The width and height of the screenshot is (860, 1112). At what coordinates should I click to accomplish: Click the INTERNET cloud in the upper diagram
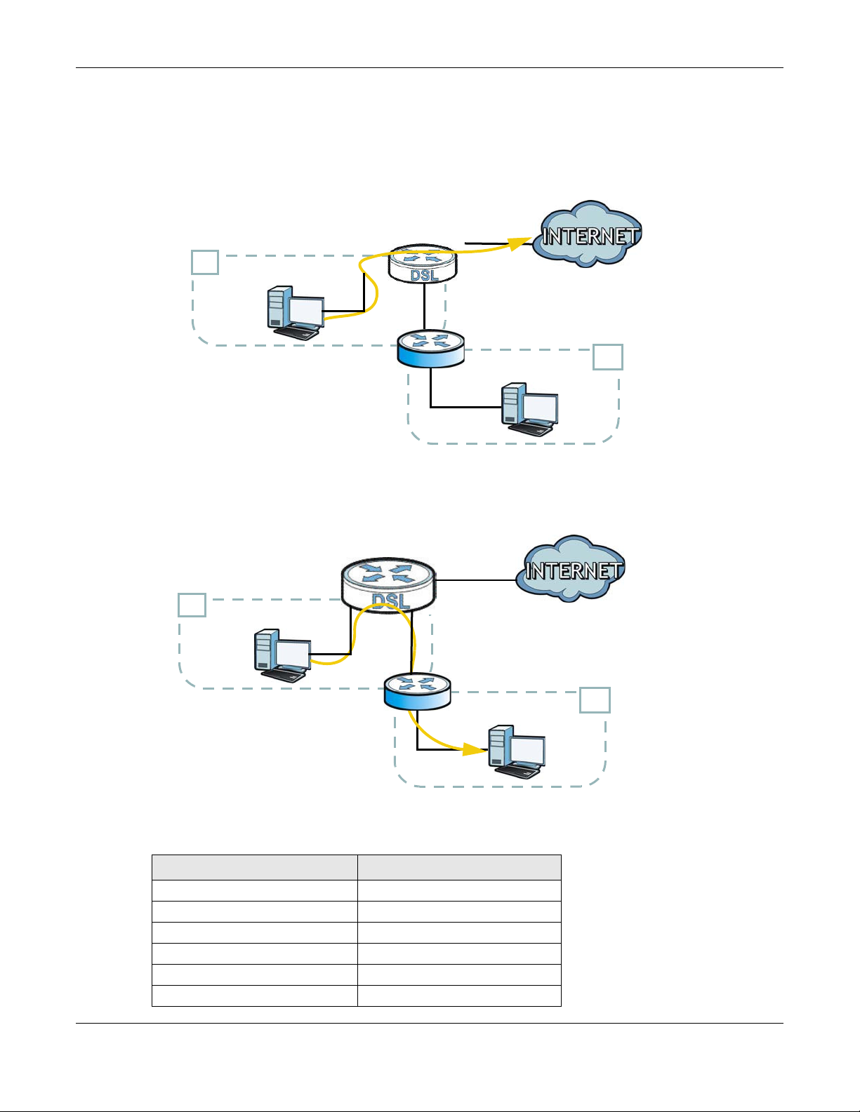coord(587,234)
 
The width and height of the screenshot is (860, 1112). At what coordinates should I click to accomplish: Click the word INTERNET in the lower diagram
coord(574,570)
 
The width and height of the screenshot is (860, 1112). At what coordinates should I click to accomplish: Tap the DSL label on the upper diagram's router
coord(424,275)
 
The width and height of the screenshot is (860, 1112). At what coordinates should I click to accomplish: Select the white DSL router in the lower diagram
coord(388,585)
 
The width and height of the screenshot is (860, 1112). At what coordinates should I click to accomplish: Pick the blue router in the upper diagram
coord(431,349)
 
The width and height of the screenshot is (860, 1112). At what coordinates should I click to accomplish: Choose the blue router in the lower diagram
coord(418,691)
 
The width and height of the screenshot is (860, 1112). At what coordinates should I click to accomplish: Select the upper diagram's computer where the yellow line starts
coord(296,313)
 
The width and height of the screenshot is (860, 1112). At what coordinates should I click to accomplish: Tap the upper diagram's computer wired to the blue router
coord(530,410)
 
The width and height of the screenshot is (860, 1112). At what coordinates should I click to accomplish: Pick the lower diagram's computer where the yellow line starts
coord(282,655)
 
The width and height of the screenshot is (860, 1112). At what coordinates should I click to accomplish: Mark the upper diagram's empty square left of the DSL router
coord(205,262)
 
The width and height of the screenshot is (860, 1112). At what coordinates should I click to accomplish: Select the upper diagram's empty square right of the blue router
coord(608,357)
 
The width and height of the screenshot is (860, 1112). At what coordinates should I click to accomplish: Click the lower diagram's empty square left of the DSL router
coord(192,605)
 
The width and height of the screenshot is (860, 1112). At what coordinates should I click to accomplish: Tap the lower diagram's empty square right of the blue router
coord(595,700)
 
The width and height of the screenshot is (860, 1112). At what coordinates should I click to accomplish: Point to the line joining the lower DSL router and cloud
coord(476,580)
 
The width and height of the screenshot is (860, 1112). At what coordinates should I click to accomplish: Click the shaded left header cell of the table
coord(254,867)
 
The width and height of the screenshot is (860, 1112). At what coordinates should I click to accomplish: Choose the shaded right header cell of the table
coord(459,867)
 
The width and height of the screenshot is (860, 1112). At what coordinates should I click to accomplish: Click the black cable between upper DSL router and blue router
coord(424,305)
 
